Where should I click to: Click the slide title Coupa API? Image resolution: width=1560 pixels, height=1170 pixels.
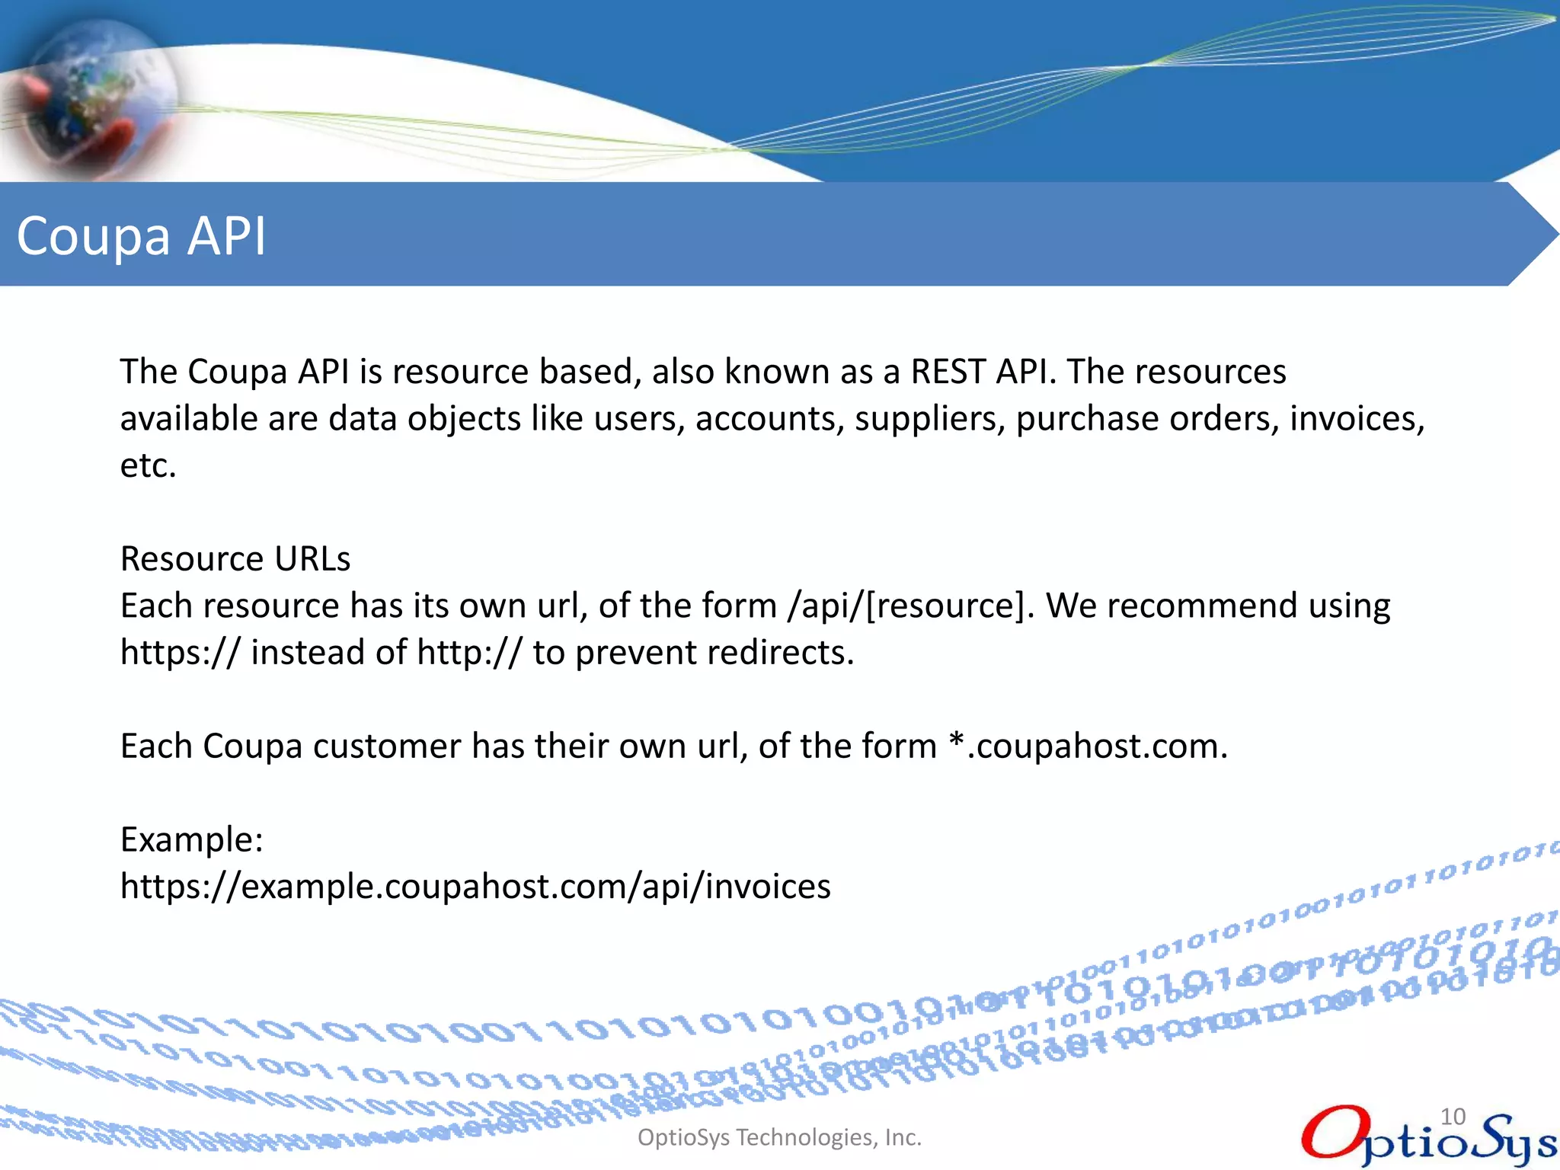pos(142,235)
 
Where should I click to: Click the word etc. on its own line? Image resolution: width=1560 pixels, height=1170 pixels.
pos(149,466)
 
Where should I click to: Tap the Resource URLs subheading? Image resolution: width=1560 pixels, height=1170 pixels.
pos(235,559)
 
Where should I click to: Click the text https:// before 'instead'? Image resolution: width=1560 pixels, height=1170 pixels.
pos(181,654)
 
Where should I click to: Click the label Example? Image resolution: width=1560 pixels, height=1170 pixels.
pos(192,840)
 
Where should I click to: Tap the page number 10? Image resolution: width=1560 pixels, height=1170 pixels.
pos(1453,1117)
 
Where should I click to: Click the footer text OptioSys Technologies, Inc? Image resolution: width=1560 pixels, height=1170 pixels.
pos(779,1137)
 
